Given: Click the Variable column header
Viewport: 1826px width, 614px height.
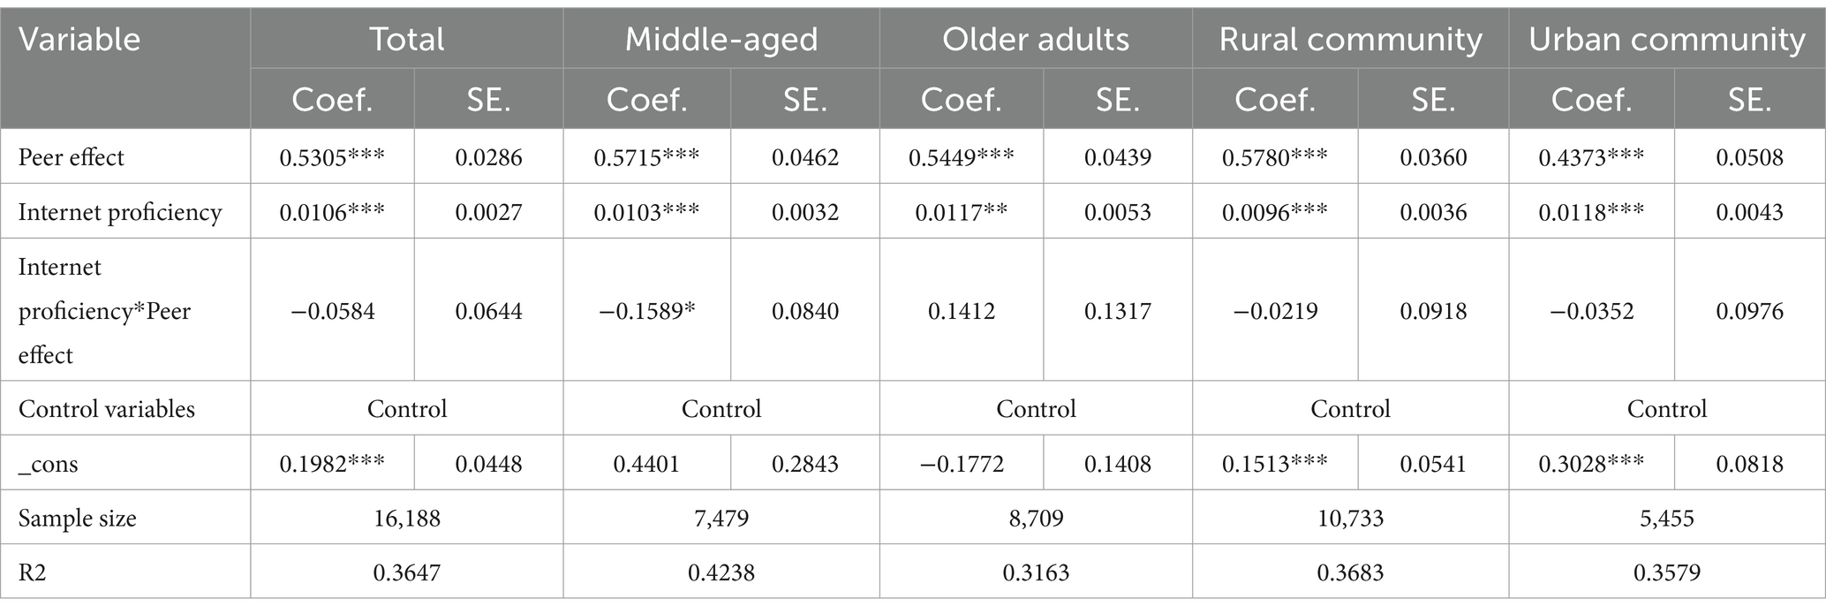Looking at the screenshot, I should click(x=79, y=40).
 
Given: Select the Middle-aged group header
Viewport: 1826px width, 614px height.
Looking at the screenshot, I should click(x=721, y=40).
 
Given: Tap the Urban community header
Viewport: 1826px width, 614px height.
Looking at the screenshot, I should click(x=1667, y=40).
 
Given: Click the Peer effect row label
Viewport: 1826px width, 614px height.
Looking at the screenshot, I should click(x=72, y=158).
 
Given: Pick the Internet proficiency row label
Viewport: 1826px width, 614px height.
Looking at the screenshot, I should click(x=120, y=212).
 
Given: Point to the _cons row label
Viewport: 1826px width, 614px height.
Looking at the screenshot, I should click(x=49, y=464).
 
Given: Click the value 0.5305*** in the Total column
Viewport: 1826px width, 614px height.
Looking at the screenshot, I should click(x=332, y=158).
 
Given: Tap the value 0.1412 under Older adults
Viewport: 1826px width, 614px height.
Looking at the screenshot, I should click(x=961, y=311).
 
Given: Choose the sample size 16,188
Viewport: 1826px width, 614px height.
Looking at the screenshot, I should click(x=406, y=518).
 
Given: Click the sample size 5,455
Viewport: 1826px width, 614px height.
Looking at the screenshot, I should click(x=1667, y=518).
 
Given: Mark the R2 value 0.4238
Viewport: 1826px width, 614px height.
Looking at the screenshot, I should click(x=721, y=572).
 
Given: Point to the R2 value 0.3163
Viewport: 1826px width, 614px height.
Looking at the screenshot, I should click(x=1036, y=572).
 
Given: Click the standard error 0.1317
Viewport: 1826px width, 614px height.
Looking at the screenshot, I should click(x=1117, y=311).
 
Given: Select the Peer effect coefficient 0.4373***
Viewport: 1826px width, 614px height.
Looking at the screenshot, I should click(x=1591, y=158).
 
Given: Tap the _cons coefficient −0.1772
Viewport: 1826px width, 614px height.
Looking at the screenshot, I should click(x=961, y=464).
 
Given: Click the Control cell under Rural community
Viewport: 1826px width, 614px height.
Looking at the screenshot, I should click(x=1350, y=409).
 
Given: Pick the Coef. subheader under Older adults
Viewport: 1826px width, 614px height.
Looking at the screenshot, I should click(x=961, y=100).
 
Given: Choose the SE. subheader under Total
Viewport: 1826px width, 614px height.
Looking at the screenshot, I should click(x=488, y=100).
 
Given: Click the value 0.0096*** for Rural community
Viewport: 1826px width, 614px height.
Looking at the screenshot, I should click(x=1274, y=212).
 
